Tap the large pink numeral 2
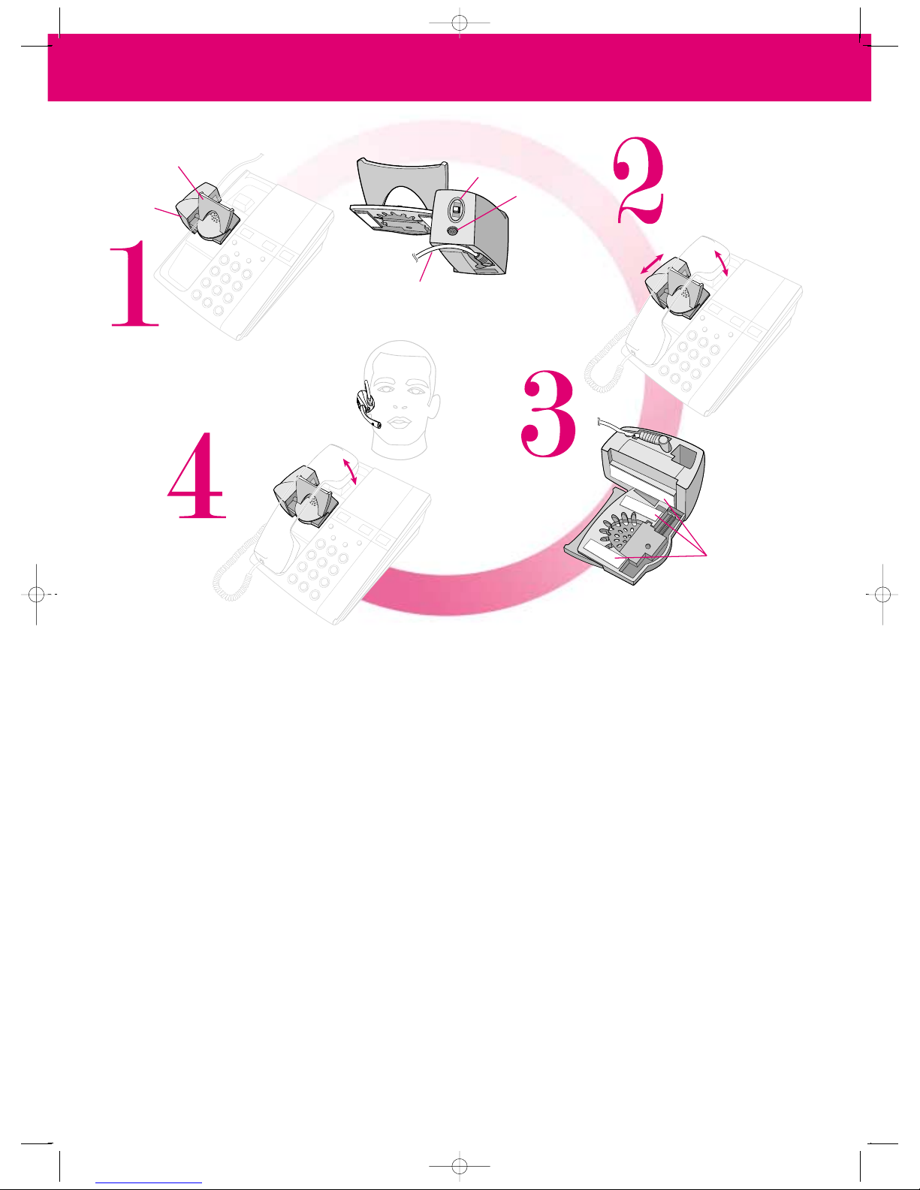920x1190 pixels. click(x=638, y=180)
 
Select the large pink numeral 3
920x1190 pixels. click(x=549, y=414)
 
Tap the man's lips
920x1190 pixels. click(x=400, y=423)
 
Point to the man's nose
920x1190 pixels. click(x=400, y=402)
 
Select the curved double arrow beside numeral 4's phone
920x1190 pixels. click(x=349, y=471)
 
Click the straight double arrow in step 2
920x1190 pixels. click(x=652, y=264)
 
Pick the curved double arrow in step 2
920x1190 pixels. click(x=721, y=263)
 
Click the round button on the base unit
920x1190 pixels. click(x=452, y=231)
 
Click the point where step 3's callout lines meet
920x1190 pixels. click(x=707, y=556)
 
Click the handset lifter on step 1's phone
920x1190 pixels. click(x=207, y=213)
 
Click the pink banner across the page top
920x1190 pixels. click(x=460, y=68)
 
